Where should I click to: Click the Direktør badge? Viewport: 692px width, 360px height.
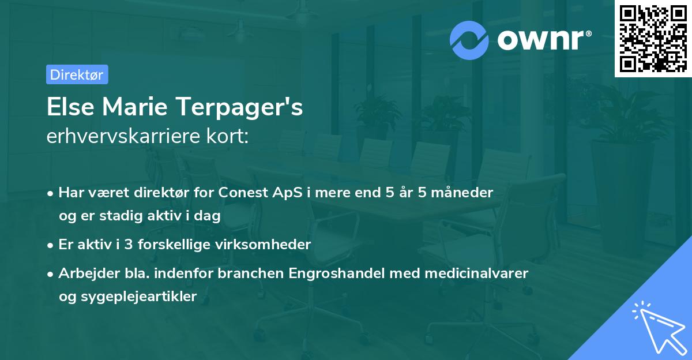[77, 74]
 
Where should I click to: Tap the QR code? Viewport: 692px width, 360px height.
[653, 38]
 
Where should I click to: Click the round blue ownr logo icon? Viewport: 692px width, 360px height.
[469, 40]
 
